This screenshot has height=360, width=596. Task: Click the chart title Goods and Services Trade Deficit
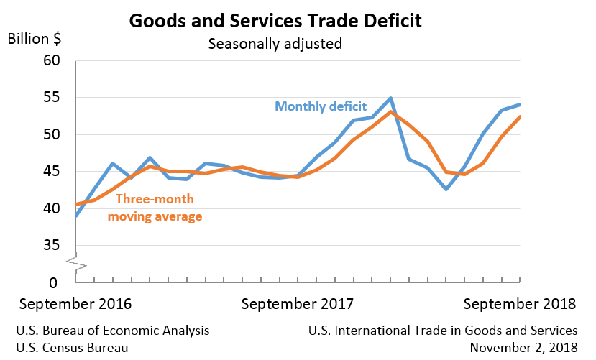[275, 20]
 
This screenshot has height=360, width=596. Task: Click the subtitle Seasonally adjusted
[275, 44]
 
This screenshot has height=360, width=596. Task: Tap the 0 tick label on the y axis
[54, 282]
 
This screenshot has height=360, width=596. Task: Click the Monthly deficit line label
[321, 106]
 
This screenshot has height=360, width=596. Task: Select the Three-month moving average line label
[155, 207]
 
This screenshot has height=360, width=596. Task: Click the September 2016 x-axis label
[75, 304]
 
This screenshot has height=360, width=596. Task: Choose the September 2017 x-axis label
[297, 304]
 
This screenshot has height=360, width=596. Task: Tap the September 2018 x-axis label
[520, 304]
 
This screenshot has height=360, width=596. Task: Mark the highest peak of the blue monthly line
[390, 98]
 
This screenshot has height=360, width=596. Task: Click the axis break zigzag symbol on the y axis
[75, 264]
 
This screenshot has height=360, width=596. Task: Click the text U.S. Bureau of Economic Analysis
[113, 331]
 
